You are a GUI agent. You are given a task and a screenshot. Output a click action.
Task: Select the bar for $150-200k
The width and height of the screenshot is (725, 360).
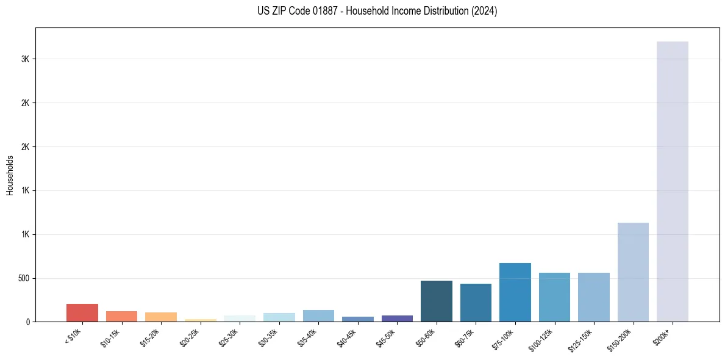(633, 272)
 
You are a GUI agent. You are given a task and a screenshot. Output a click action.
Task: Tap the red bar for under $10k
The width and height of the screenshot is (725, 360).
(82, 312)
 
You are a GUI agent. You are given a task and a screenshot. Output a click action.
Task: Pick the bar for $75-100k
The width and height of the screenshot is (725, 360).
(515, 292)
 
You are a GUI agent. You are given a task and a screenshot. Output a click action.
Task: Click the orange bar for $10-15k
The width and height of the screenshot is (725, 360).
(121, 316)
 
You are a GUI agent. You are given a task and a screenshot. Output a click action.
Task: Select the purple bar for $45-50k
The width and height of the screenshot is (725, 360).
(397, 319)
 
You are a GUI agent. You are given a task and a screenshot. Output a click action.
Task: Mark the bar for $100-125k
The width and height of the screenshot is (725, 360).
(554, 297)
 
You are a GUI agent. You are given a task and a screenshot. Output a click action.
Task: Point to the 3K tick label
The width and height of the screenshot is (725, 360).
(25, 59)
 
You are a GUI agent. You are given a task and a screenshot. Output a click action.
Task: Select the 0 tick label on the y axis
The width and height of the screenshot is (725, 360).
(28, 322)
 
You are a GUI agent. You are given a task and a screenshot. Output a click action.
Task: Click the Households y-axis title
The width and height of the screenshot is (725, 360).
(10, 175)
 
